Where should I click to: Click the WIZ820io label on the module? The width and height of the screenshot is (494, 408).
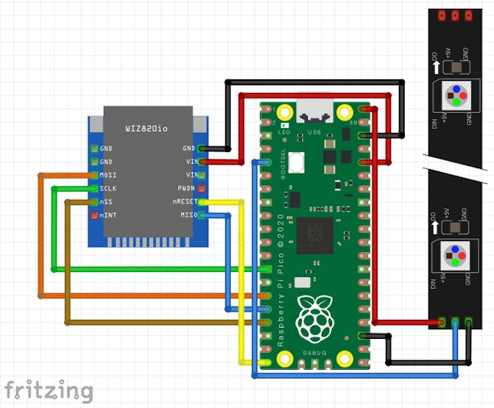pyautogui.click(x=146, y=129)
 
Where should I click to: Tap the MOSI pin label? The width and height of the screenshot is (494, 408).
pyautogui.click(x=107, y=175)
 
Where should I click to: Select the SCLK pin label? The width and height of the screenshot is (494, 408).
pyautogui.click(x=107, y=188)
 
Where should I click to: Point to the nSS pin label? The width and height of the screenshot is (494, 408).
pyautogui.click(x=106, y=201)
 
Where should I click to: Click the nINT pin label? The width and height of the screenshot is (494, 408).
pyautogui.click(x=107, y=215)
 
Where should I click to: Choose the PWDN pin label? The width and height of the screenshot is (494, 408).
pyautogui.click(x=185, y=188)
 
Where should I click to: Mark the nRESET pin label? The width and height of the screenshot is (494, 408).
pyautogui.click(x=183, y=201)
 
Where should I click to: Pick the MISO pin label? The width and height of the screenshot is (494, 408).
pyautogui.click(x=186, y=215)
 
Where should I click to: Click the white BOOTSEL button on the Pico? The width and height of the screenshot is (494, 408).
pyautogui.click(x=297, y=162)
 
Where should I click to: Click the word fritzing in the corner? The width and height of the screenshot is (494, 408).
pyautogui.click(x=49, y=390)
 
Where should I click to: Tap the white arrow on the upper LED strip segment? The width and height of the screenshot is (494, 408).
pyautogui.click(x=437, y=68)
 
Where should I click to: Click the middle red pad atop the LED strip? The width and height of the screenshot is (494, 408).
pyautogui.click(x=455, y=15)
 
